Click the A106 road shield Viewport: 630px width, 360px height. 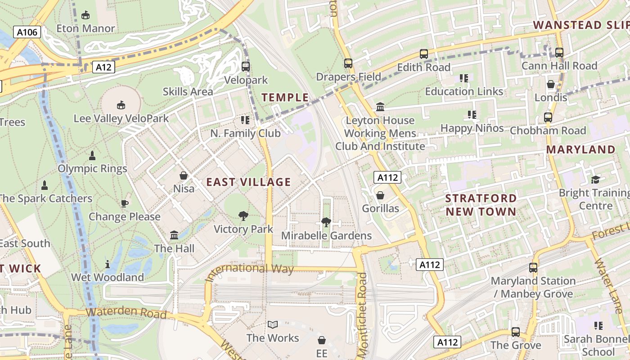(27, 32)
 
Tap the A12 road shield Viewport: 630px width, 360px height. (103, 67)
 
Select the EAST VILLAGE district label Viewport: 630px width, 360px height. (248, 182)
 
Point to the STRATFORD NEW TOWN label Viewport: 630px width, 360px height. (481, 205)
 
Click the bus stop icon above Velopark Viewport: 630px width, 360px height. (245, 67)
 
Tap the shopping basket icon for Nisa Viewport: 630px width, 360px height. (184, 175)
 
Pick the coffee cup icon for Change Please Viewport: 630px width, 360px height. (125, 203)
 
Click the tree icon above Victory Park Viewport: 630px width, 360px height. (243, 216)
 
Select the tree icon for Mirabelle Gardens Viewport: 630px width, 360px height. (326, 222)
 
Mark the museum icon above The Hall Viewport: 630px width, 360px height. (174, 235)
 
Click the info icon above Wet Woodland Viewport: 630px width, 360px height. (108, 264)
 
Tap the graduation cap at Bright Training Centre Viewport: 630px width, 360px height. (595, 180)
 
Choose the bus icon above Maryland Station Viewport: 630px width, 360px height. (533, 268)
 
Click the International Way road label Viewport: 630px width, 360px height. (250, 272)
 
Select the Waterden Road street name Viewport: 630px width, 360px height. (126, 313)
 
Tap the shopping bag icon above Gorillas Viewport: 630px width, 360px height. (380, 195)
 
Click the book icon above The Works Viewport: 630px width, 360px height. (272, 324)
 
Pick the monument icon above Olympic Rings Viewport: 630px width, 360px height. (92, 156)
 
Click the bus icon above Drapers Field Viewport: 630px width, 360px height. (348, 63)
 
